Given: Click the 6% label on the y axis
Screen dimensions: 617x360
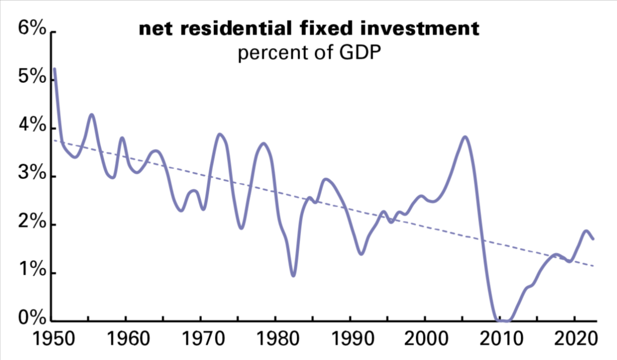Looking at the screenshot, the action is (32, 28).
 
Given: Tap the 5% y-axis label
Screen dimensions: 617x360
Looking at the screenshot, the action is (32, 76).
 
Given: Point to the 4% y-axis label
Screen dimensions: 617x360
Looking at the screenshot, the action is (32, 125).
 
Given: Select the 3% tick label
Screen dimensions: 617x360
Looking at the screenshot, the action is (32, 173).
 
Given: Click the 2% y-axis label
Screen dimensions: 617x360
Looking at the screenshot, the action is (32, 221).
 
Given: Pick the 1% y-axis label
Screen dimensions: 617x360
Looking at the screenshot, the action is (32, 269).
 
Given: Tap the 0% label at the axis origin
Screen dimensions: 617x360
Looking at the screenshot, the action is (32, 318).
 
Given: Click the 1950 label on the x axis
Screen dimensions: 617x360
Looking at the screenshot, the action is (53, 338).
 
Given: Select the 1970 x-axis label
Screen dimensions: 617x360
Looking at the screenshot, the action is (204, 338).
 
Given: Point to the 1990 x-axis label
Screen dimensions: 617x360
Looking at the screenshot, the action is (353, 338).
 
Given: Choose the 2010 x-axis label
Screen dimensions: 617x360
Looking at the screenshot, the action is (501, 338).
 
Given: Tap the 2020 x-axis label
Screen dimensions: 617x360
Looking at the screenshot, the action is (576, 338).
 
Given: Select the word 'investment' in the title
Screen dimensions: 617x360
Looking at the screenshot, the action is (420, 28).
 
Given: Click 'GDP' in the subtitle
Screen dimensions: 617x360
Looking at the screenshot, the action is (360, 52).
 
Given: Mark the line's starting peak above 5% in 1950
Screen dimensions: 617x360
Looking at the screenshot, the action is (55, 68).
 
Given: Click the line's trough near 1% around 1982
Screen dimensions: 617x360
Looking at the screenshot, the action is (294, 275).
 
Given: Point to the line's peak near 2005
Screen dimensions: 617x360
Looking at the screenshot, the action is (465, 137).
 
